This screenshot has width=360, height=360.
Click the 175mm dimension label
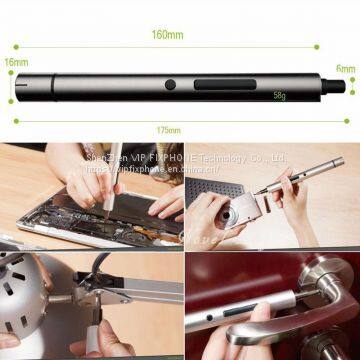pyautogui.click(x=169, y=130)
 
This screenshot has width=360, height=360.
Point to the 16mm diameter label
pyautogui.click(x=15, y=62)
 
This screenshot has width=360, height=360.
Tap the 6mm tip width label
pyautogui.click(x=346, y=69)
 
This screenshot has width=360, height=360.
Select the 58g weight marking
pyautogui.click(x=279, y=97)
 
